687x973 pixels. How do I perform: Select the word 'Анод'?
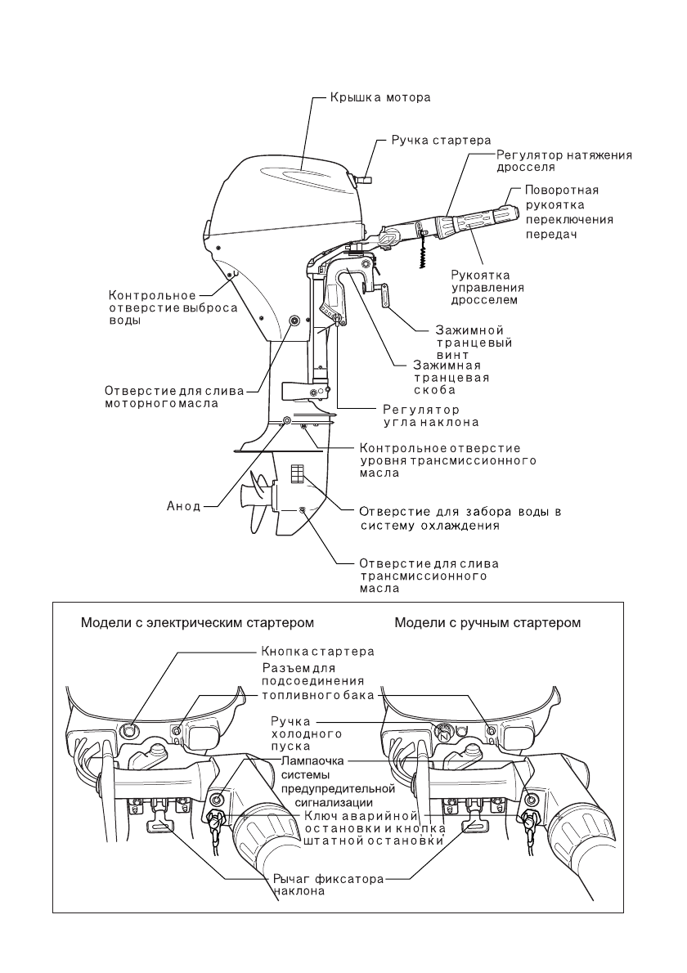(x=178, y=506)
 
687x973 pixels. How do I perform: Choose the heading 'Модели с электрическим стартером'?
(x=197, y=622)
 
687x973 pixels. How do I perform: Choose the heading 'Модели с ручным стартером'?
(x=487, y=622)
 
